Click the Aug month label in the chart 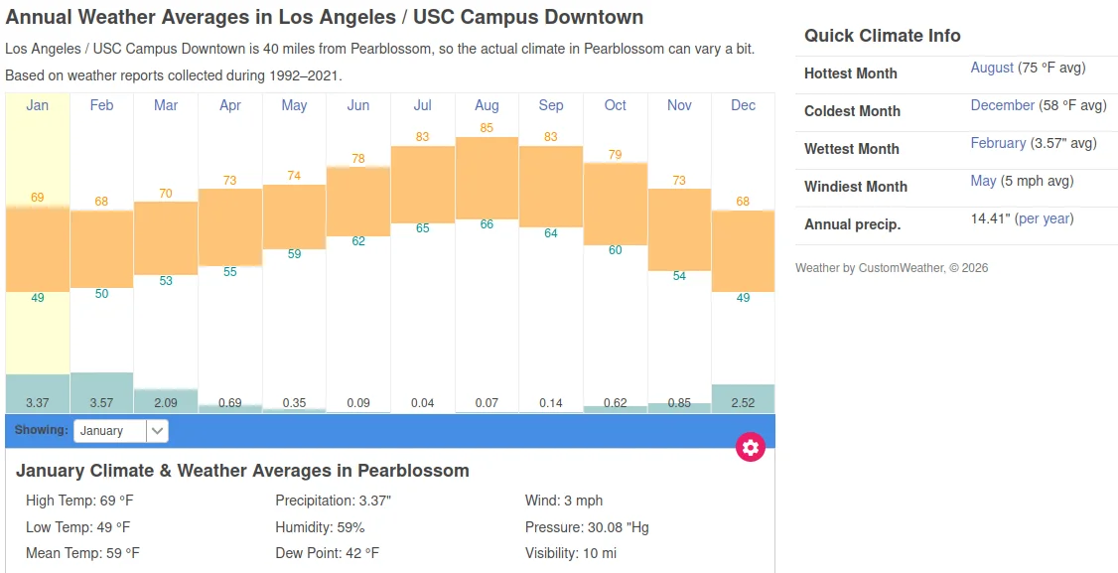click(487, 105)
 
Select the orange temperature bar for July click(423, 184)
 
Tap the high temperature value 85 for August click(487, 128)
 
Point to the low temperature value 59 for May click(294, 254)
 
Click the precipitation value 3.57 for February click(101, 403)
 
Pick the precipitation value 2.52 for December click(743, 403)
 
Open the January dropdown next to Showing click(121, 431)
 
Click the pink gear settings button click(751, 447)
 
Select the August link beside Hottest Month click(992, 68)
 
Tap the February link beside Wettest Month click(998, 143)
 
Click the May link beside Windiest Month click(983, 181)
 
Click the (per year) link click(1044, 218)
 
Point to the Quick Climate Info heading click(883, 36)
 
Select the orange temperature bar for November click(679, 229)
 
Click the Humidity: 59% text click(320, 527)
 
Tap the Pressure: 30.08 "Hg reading click(587, 527)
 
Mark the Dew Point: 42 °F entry click(327, 553)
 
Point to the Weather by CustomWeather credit click(891, 268)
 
